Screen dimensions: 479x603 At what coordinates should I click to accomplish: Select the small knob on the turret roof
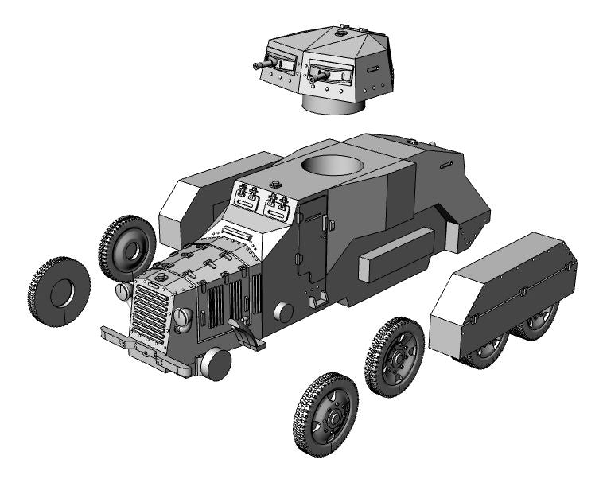click(343, 32)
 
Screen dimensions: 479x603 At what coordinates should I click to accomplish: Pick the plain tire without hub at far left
click(59, 291)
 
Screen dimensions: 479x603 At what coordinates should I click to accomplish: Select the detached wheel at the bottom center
click(325, 413)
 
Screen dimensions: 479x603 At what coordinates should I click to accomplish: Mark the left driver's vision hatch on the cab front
click(247, 195)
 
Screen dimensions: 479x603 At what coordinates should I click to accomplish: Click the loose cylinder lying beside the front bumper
click(216, 364)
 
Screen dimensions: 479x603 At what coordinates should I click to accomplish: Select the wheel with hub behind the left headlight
click(127, 247)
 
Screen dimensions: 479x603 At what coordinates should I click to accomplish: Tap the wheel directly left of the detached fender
click(395, 356)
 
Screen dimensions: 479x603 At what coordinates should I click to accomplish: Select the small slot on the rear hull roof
click(446, 165)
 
